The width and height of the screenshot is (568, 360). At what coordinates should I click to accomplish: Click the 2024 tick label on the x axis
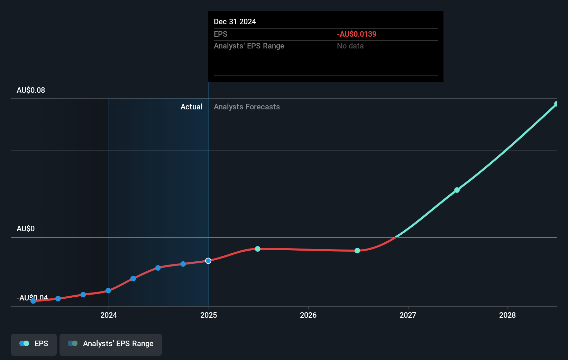coord(109,315)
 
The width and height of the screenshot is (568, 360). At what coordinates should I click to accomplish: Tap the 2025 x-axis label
coord(209,315)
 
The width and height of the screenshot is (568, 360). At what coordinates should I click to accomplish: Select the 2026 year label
coord(308,315)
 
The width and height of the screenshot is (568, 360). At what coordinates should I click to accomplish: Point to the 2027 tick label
coord(408,315)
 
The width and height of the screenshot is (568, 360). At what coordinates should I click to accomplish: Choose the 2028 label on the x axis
coord(507,315)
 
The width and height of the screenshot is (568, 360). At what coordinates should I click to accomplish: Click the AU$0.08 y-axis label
coord(31,90)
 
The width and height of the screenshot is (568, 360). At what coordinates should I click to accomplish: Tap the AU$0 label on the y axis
coord(26,229)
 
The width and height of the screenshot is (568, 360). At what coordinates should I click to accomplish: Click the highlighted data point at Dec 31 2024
coord(208,261)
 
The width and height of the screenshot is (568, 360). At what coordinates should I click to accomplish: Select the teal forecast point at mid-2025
coord(258,249)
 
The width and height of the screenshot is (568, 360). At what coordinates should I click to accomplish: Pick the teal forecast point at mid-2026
coord(357,251)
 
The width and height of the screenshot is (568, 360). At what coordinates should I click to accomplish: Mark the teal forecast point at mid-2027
coord(457,190)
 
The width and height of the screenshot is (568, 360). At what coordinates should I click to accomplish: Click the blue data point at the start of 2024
coord(108,290)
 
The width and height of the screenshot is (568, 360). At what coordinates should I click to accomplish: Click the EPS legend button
coord(34,344)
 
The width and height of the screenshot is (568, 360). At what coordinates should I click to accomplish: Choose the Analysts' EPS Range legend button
coord(111,344)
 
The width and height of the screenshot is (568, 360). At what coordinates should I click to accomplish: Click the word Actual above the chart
coord(191,107)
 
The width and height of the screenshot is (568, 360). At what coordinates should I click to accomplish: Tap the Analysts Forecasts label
coord(247,107)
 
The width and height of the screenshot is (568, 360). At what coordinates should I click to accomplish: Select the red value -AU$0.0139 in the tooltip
coord(357,34)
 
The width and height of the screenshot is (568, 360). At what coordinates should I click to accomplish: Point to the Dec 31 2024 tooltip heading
coord(235,22)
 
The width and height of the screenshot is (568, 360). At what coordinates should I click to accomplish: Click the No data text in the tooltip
coord(350,46)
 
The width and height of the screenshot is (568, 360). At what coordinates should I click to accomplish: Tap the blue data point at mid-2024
coord(158,268)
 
